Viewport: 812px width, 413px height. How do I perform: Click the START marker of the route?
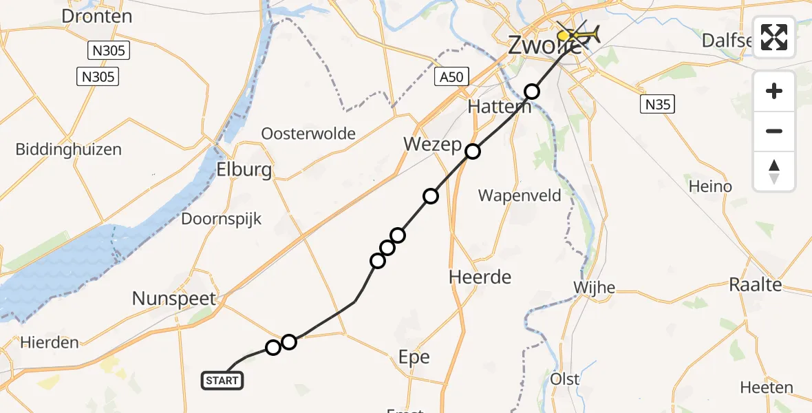click(x=222, y=380)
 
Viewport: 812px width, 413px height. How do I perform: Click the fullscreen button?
click(x=774, y=37)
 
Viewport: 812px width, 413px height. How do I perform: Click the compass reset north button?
click(x=774, y=171)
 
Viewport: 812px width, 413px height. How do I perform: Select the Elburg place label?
click(x=244, y=170)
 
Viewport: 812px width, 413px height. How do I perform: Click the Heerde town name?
click(x=480, y=277)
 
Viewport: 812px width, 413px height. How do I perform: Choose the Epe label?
click(x=414, y=357)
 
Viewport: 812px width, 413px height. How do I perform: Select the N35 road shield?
click(x=657, y=105)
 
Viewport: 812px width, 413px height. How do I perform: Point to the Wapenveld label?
click(x=520, y=195)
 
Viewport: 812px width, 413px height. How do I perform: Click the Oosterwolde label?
click(x=309, y=134)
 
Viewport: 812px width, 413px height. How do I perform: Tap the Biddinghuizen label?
click(x=69, y=149)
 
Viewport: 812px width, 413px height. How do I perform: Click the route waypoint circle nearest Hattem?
click(x=532, y=92)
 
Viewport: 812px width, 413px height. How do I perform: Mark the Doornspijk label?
click(x=221, y=219)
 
